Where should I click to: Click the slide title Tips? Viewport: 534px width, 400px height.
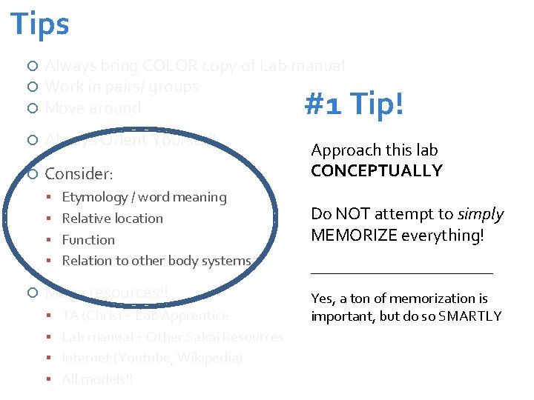pyautogui.click(x=40, y=24)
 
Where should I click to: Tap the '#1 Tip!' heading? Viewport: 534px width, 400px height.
pyautogui.click(x=355, y=104)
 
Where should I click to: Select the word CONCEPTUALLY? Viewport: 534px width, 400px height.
pyautogui.click(x=377, y=170)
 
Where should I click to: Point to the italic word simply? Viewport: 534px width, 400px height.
pyautogui.click(x=481, y=214)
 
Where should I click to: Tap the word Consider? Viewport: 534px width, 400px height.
pyautogui.click(x=78, y=174)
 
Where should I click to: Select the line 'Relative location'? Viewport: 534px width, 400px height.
pyautogui.click(x=112, y=219)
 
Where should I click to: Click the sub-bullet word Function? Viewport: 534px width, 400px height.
pyautogui.click(x=88, y=240)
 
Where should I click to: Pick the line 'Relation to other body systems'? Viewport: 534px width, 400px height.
pyautogui.click(x=156, y=261)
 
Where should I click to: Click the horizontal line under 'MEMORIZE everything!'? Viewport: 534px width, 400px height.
pyautogui.click(x=401, y=273)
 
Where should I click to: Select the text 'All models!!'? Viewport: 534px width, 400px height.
pyautogui.click(x=98, y=379)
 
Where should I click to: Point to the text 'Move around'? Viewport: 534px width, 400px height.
pyautogui.click(x=93, y=108)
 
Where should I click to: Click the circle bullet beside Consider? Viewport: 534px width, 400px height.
pyautogui.click(x=32, y=174)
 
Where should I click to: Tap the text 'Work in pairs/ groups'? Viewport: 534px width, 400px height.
pyautogui.click(x=122, y=87)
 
